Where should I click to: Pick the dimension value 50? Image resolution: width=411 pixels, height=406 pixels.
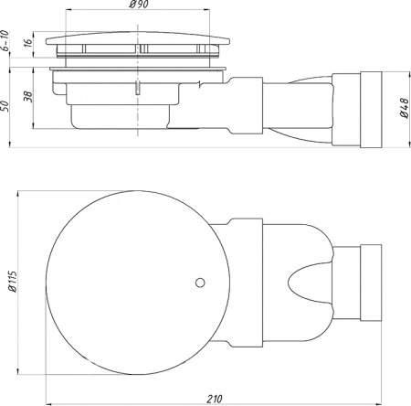pyautogui.click(x=7, y=106)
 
